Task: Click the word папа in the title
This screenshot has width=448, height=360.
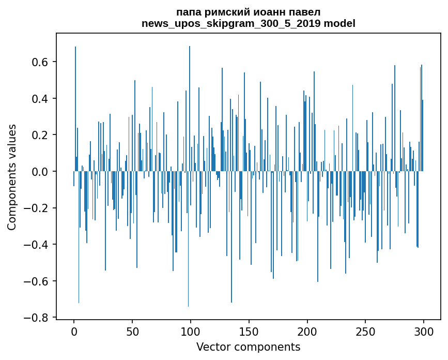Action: click(x=189, y=12)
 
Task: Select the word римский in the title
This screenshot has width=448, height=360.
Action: click(x=225, y=12)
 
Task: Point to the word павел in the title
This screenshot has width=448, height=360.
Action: click(x=302, y=12)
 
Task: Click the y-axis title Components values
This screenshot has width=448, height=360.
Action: click(x=12, y=177)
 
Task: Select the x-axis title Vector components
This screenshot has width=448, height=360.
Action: click(x=248, y=347)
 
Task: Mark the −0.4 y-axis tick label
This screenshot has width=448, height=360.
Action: click(x=37, y=245)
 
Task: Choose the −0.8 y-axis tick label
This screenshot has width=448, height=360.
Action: click(x=37, y=318)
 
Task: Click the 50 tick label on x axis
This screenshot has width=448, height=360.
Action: click(x=132, y=331)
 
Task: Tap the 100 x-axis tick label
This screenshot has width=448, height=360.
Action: click(x=191, y=331)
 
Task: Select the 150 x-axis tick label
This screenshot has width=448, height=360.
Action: click(x=249, y=331)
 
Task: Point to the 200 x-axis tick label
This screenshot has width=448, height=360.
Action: click(x=307, y=331)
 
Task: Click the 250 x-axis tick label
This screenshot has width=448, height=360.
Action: click(x=366, y=331)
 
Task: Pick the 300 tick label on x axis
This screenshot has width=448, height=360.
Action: click(x=424, y=331)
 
